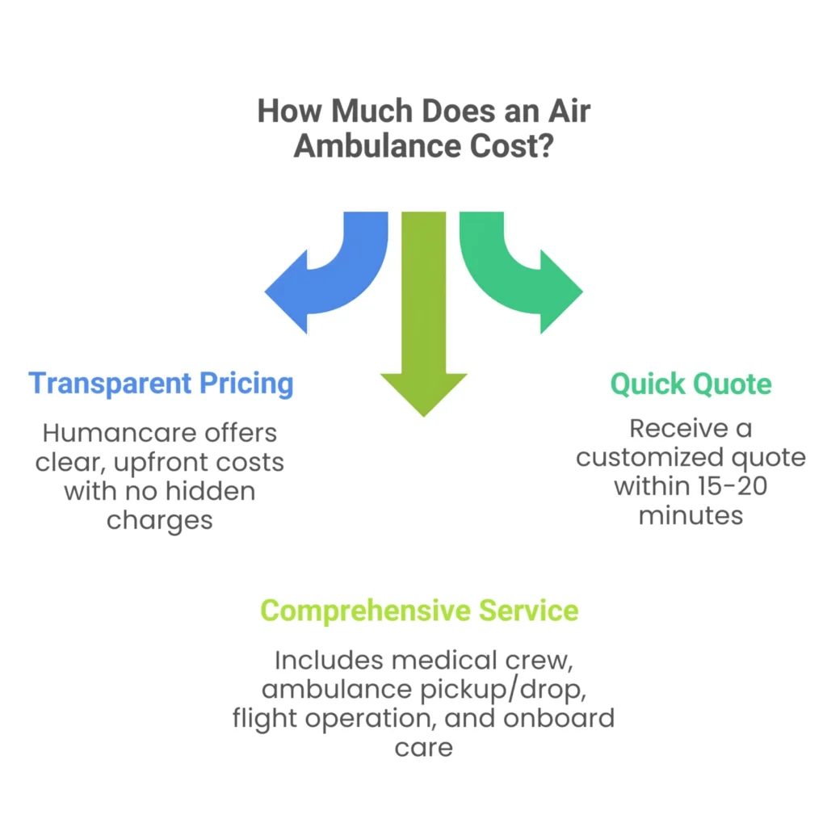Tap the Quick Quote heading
coord(691,383)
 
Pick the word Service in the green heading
coord(528,611)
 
